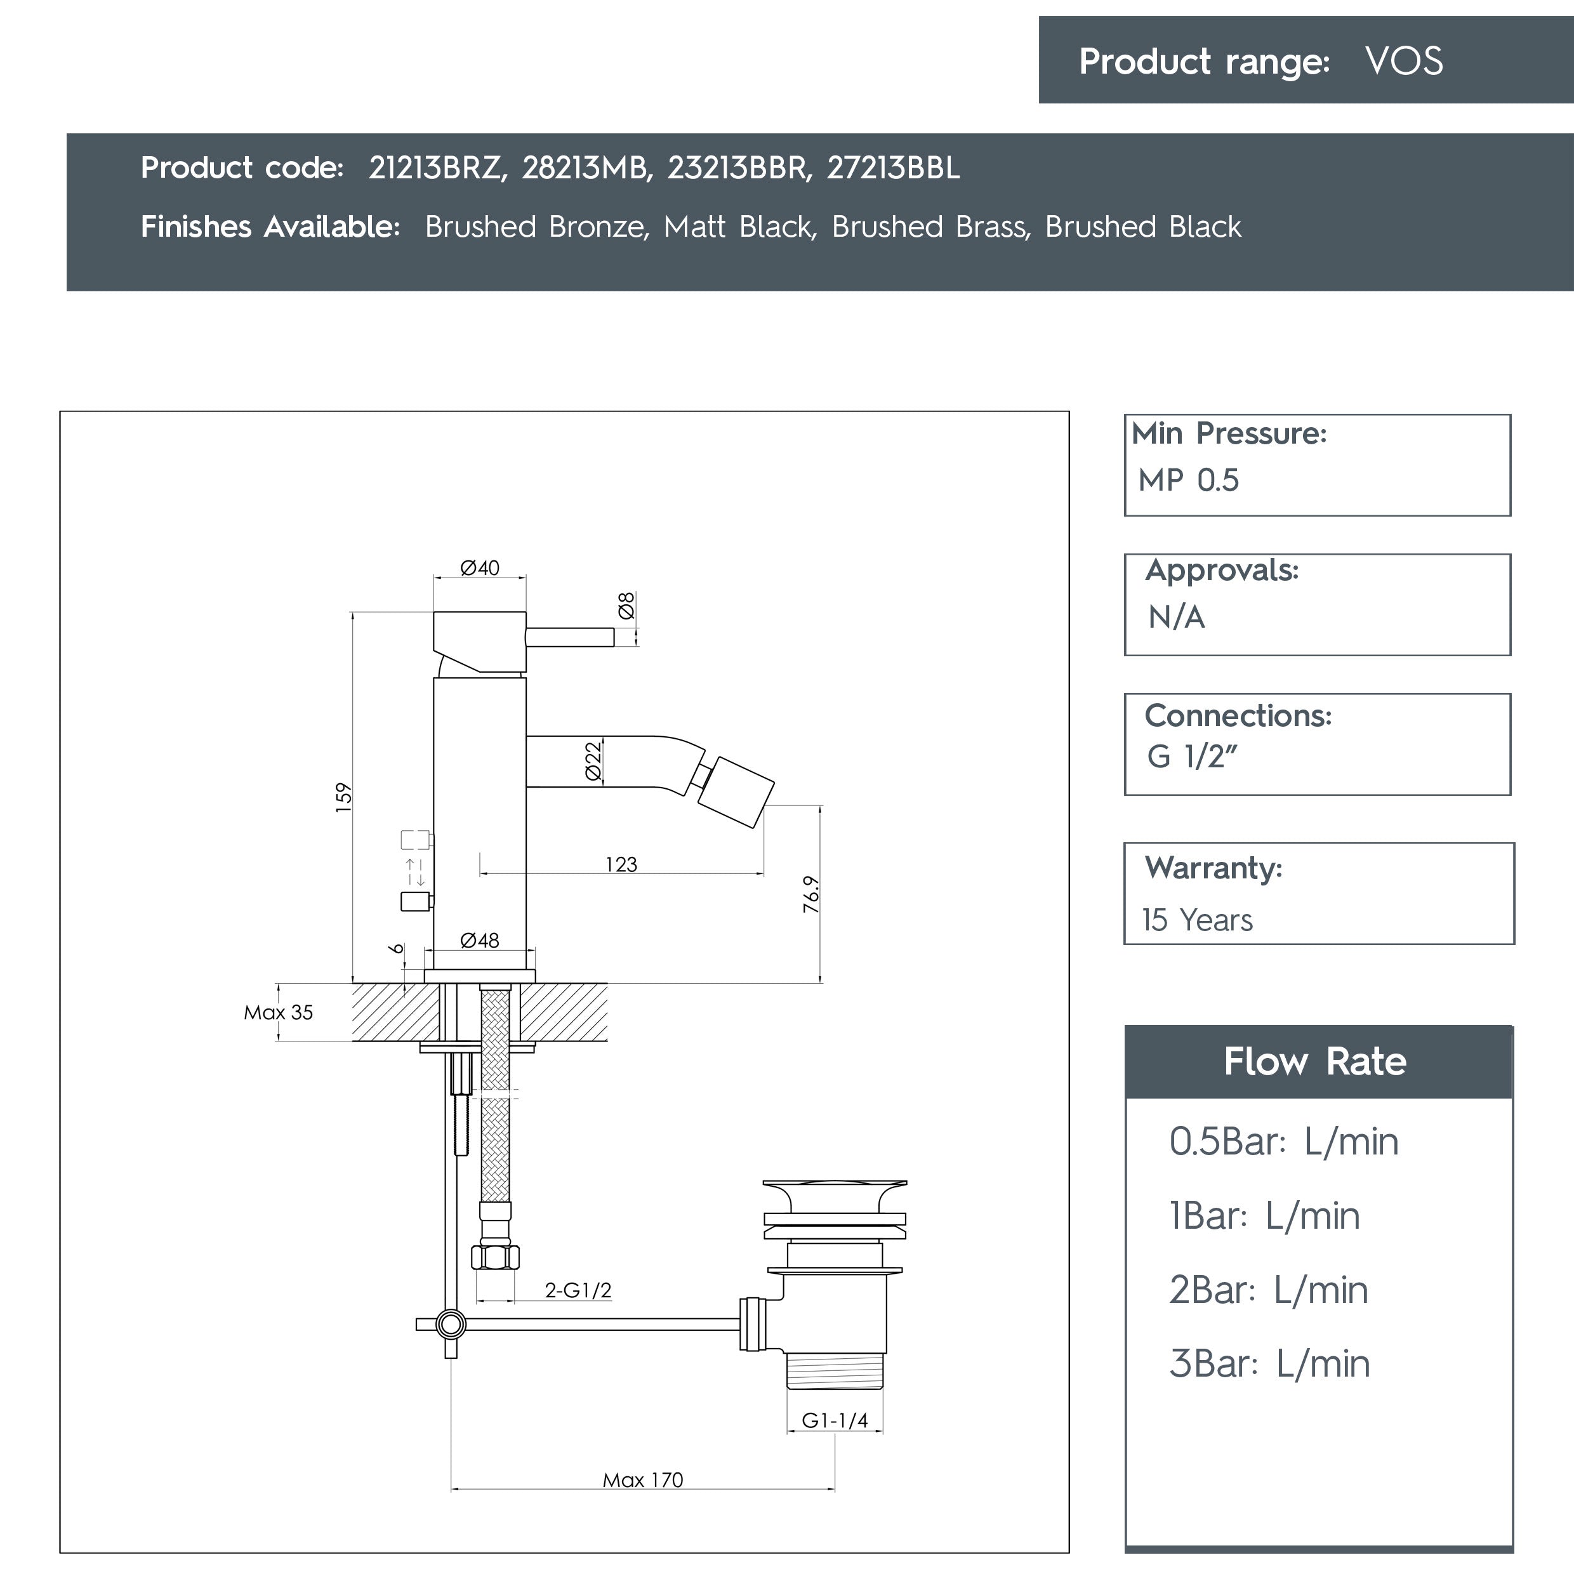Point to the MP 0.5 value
click(1188, 480)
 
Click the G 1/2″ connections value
click(1191, 757)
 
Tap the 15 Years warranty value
click(1197, 920)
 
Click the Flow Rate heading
click(1315, 1062)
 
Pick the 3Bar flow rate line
click(1269, 1364)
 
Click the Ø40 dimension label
click(480, 568)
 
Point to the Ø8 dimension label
click(626, 605)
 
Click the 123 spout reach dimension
click(621, 864)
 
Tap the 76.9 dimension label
click(810, 894)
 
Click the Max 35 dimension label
click(278, 1013)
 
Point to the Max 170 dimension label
click(643, 1480)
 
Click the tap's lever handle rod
click(569, 637)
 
